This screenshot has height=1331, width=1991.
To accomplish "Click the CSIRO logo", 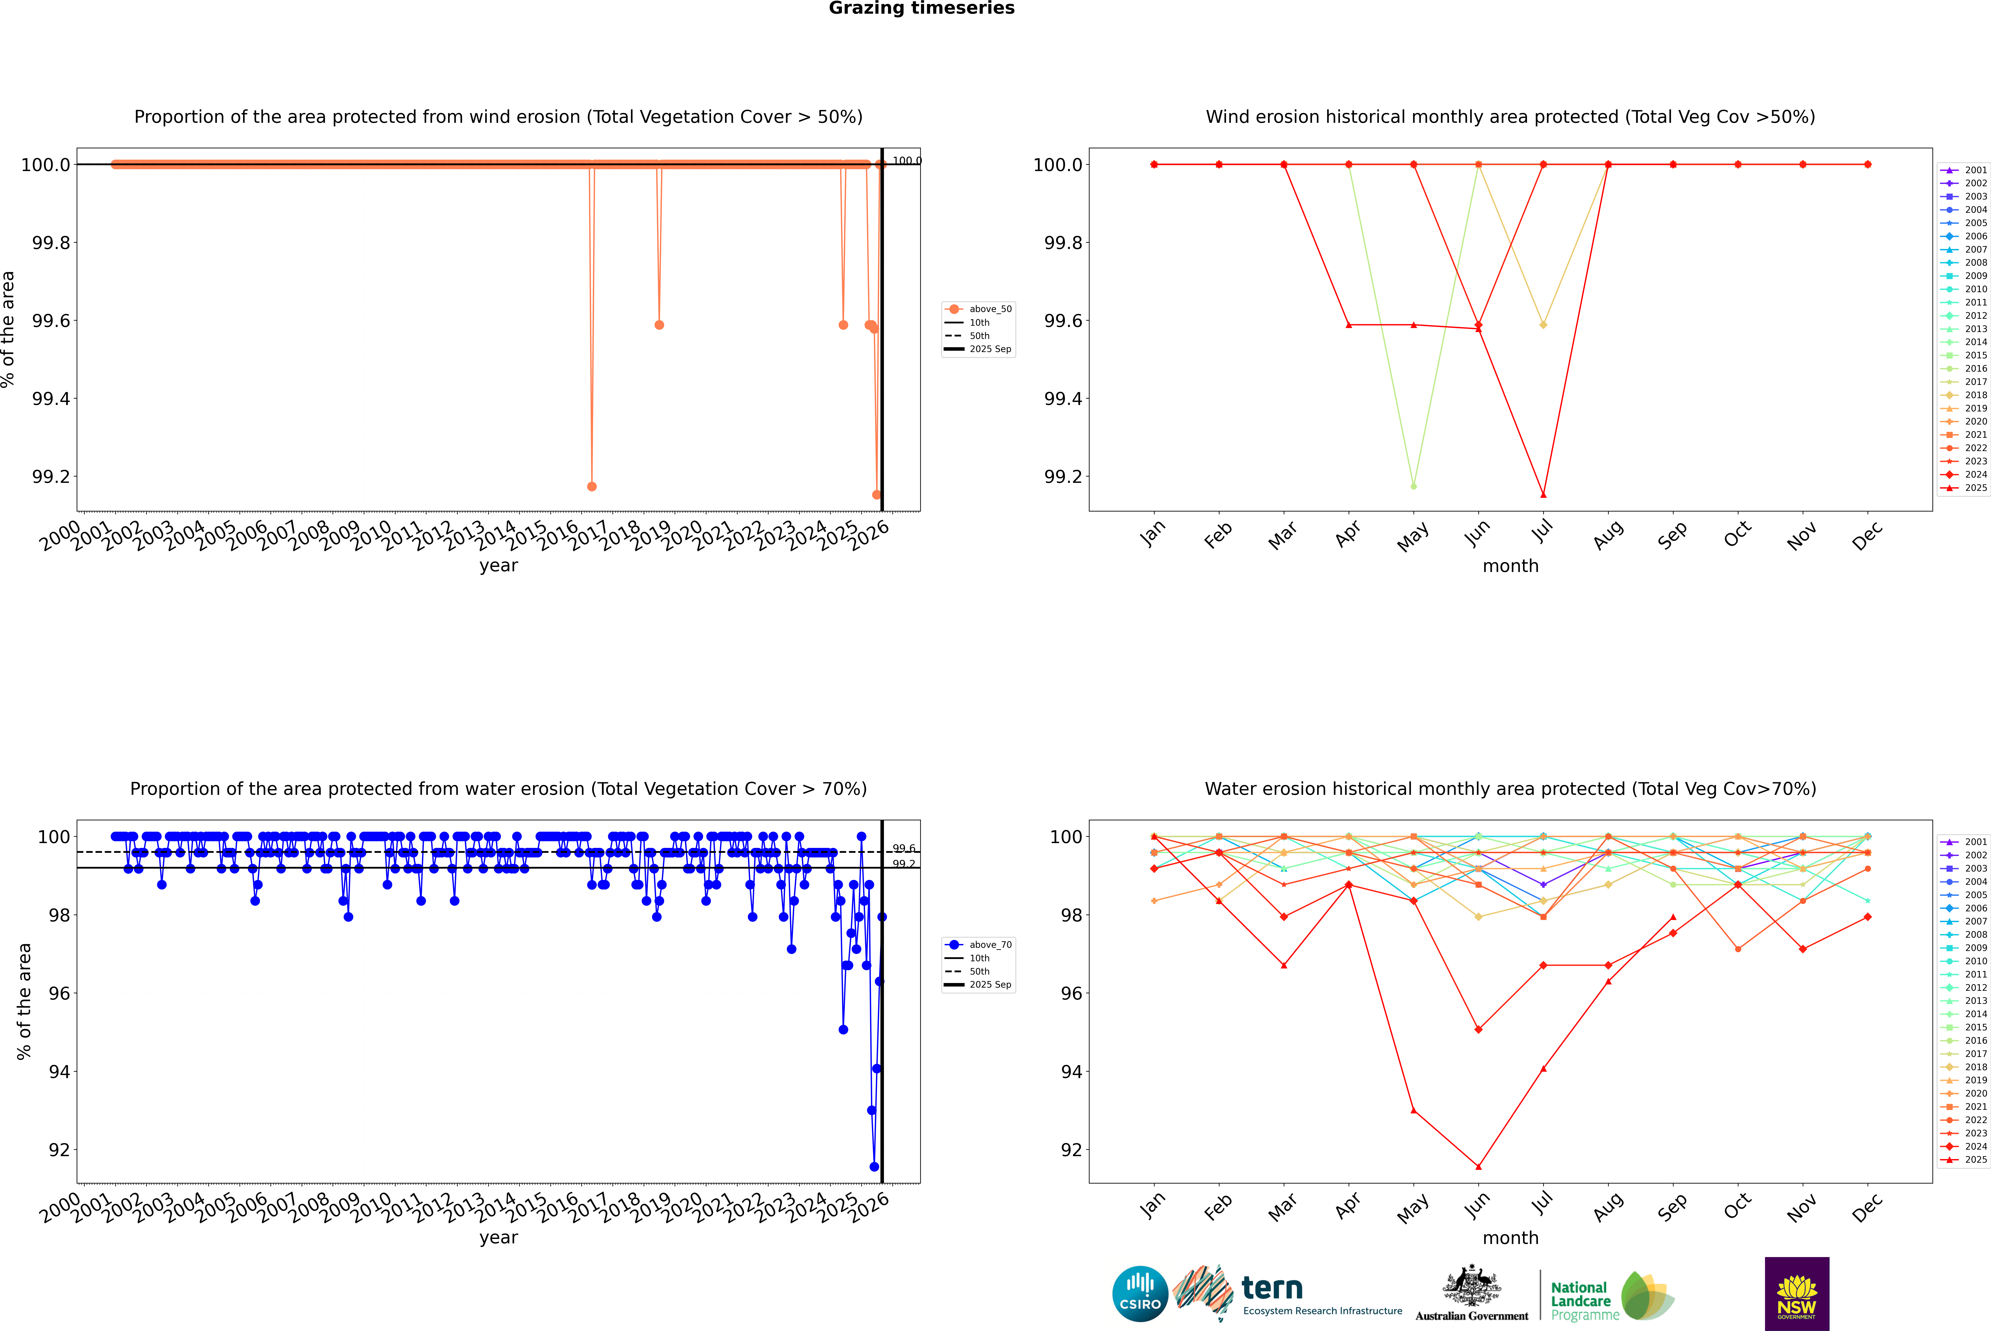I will point(1140,1294).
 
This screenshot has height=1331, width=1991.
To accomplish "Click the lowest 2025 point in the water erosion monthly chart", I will point(1478,1166).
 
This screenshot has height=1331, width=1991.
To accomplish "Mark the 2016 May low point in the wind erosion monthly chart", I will point(1413,486).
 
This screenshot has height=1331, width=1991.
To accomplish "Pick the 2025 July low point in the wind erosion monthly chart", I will point(1543,495).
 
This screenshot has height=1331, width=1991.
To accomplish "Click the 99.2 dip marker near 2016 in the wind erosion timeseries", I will point(591,486).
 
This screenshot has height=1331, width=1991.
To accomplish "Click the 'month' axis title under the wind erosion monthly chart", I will point(1510,566).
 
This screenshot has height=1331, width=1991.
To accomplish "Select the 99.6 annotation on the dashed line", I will point(903,848).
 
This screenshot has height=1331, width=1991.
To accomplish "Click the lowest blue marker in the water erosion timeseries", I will point(874,1166).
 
